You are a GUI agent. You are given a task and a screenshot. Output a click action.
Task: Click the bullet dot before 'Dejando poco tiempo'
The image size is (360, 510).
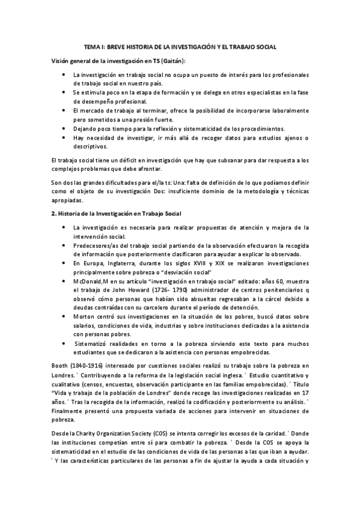(x=64, y=128)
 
